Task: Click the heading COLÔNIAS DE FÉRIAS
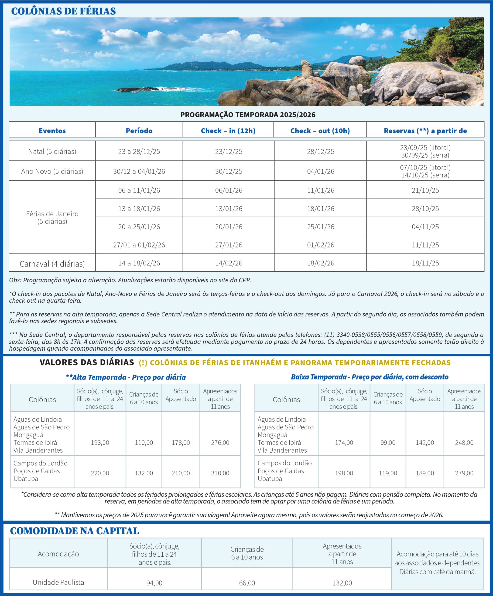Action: pos(63,11)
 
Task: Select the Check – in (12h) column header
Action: pos(228,131)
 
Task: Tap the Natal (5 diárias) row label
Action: pos(52,151)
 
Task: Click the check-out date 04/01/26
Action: pos(320,171)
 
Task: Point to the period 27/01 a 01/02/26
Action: pos(139,245)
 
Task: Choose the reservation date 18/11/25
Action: pos(425,263)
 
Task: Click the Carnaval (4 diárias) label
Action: pos(52,264)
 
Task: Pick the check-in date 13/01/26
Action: pos(229,209)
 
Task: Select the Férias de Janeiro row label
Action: pos(52,217)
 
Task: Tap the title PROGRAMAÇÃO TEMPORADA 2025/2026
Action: pos(248,115)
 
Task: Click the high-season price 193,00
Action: pos(100,442)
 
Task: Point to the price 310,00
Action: pos(220,473)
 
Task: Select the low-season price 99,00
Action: pos(388,442)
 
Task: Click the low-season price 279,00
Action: pos(464,473)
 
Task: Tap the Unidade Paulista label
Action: pos(58,582)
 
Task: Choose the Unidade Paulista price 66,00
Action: pos(247,583)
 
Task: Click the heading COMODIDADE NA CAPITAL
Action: pos(74,531)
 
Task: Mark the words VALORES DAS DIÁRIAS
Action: pos(87,362)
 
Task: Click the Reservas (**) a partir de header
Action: pos(425,131)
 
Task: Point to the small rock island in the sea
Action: pos(134,90)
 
